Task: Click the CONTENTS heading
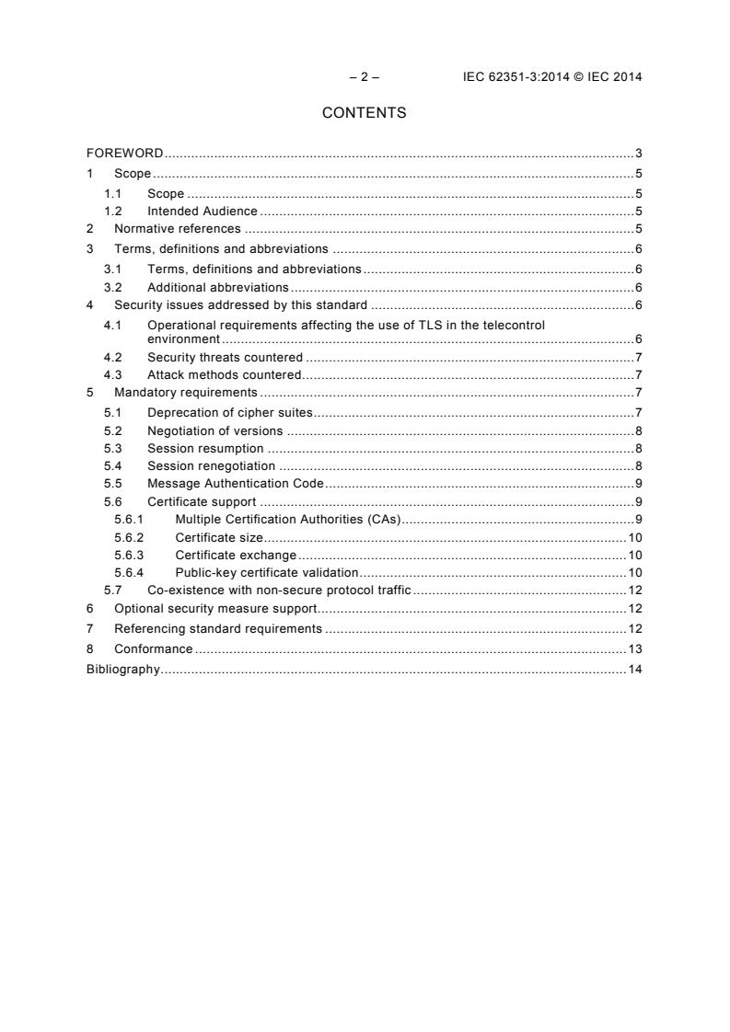pos(364,113)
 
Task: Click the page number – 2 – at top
pos(364,77)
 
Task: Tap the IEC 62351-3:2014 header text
pos(551,77)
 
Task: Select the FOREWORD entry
pos(124,153)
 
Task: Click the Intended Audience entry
pos(202,212)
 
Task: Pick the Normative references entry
pos(177,229)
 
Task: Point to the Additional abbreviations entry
pos(217,288)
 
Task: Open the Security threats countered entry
pos(225,357)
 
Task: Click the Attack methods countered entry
pos(224,374)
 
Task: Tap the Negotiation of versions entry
pos(214,430)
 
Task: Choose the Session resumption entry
pos(205,448)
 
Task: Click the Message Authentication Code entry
pos(235,484)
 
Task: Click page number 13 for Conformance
pos(634,649)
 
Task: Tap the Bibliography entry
pos(122,669)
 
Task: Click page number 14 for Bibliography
pos(634,669)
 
